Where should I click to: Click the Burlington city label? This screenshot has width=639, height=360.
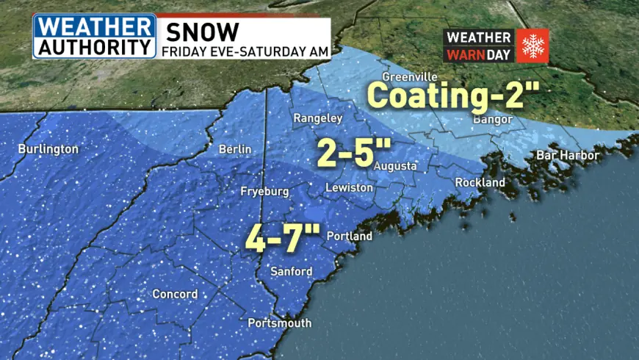coord(48,149)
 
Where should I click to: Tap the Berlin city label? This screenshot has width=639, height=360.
coord(235,149)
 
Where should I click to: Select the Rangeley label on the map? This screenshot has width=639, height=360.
coord(318,118)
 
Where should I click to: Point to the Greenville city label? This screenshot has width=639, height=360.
coord(410,77)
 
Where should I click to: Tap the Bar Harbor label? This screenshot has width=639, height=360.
coord(568,156)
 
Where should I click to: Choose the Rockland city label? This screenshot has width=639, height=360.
coord(480,182)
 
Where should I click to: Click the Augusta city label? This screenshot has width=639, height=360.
coord(395,167)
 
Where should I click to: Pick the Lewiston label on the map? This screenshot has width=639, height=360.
coord(350,189)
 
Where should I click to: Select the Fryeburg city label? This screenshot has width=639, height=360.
coord(262,192)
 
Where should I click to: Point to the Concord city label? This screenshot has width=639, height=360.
coord(175,295)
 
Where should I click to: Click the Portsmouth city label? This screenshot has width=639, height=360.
coord(280,323)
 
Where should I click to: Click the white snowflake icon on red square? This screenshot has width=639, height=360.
coord(532,46)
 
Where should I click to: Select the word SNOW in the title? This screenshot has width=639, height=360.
coord(201,32)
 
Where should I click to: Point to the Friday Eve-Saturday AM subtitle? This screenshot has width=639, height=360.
coord(244,51)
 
